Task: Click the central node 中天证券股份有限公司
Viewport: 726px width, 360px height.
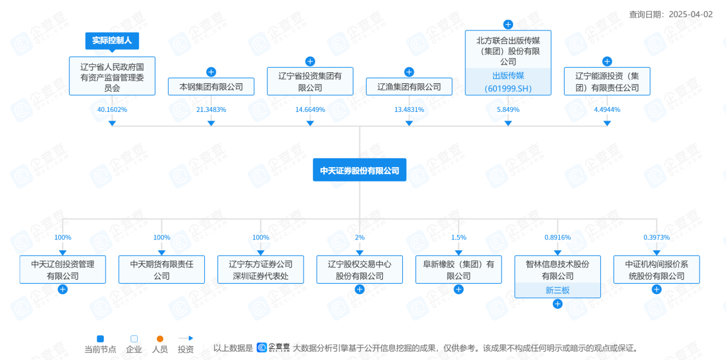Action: pos(359,171)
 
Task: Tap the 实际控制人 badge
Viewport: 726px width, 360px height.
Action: pos(112,41)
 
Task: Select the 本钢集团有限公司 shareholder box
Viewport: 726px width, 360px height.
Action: pos(211,87)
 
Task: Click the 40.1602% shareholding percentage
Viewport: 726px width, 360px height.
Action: pos(112,109)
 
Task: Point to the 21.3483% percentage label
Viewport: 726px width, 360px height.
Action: pos(211,109)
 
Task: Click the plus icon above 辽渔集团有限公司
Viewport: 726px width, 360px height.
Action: pos(409,72)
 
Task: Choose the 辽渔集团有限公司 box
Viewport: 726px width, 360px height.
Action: pos(409,87)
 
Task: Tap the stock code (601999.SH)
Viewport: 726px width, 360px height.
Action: pos(508,88)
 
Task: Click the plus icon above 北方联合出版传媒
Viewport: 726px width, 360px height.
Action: pos(508,24)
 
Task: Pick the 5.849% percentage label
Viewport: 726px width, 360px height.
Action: pos(508,109)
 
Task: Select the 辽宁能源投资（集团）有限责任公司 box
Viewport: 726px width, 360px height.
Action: pos(607,82)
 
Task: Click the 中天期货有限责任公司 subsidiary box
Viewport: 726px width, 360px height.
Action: pos(162,270)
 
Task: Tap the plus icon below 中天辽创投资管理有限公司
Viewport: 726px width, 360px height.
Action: pos(63,289)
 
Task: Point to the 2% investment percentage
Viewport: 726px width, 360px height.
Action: pos(359,237)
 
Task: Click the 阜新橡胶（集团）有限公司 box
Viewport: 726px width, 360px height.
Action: pos(459,270)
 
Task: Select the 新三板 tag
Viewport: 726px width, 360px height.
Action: pos(557,291)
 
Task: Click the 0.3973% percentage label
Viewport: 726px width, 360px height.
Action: pos(657,237)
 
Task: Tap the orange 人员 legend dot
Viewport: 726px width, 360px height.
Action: pos(160,339)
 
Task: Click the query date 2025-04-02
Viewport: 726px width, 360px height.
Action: pos(690,14)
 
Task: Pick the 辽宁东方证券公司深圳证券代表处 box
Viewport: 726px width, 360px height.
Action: pos(261,270)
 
